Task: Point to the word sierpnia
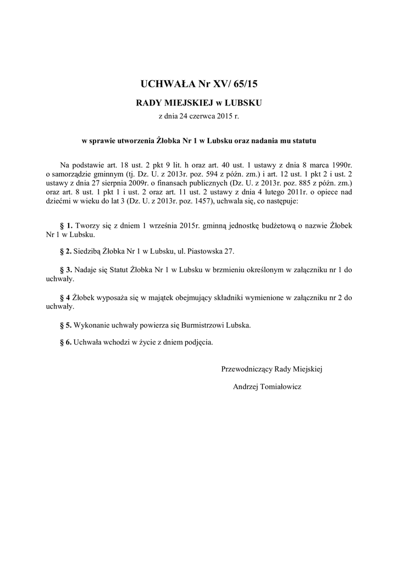tap(114, 183)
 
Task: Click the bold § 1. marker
tap(66, 226)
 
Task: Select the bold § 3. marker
tap(66, 270)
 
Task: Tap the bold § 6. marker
tap(66, 341)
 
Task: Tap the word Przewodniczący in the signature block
tap(246, 369)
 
